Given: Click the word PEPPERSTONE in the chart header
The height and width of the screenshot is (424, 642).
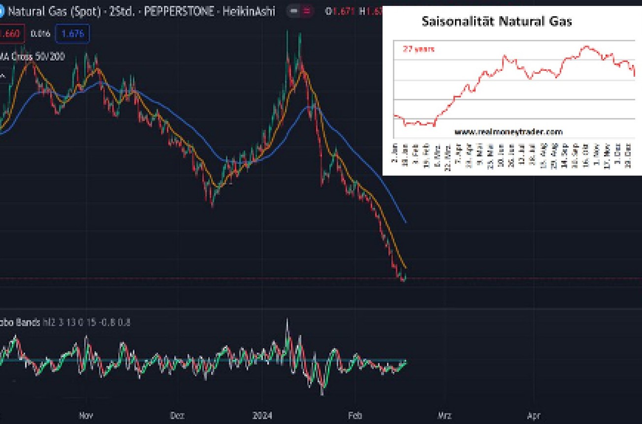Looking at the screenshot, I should [x=182, y=11].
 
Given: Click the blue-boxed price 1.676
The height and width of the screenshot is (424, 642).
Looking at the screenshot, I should [x=72, y=34].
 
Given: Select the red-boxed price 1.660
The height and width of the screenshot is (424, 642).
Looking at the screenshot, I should [x=9, y=34].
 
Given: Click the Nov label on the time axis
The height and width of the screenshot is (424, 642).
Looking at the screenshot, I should [x=86, y=415].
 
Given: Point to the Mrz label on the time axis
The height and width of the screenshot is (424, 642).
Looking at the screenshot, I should [x=445, y=415].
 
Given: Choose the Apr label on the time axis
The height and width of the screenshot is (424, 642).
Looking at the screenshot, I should [x=534, y=415].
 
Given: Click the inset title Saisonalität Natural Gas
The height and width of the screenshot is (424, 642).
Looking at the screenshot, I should [x=497, y=22].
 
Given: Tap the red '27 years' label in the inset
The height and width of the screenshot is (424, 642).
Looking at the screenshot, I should [x=418, y=49].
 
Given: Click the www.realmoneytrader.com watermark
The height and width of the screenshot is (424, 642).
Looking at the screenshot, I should [x=508, y=132].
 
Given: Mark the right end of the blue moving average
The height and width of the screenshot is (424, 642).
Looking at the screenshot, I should [x=406, y=223].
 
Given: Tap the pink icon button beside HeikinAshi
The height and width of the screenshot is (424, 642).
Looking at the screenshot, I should [x=306, y=11].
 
